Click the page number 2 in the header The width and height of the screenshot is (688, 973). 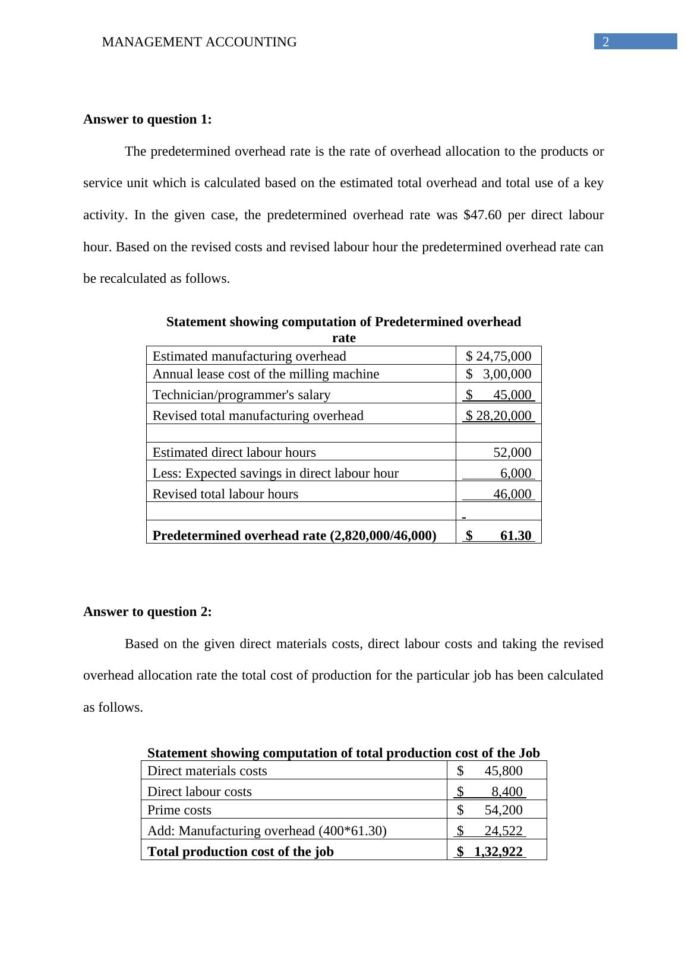pyautogui.click(x=605, y=42)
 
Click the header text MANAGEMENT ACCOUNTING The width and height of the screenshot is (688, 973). pyautogui.click(x=199, y=42)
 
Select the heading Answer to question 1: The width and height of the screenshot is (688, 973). pyautogui.click(x=147, y=119)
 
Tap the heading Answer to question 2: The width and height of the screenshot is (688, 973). pyautogui.click(x=147, y=612)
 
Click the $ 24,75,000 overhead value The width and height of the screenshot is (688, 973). pyautogui.click(x=498, y=356)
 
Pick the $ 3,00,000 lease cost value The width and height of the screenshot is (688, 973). pyautogui.click(x=498, y=374)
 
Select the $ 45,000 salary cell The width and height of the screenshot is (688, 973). pyautogui.click(x=498, y=395)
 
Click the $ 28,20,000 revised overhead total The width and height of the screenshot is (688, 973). pyautogui.click(x=498, y=416)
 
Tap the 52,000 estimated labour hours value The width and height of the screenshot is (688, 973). pyautogui.click(x=512, y=453)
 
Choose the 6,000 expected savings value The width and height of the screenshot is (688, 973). pyautogui.click(x=515, y=473)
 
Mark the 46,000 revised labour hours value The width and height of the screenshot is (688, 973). pyautogui.click(x=512, y=494)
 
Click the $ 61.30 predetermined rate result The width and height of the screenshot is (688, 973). pyautogui.click(x=498, y=536)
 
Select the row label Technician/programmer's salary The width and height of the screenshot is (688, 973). pyautogui.click(x=241, y=395)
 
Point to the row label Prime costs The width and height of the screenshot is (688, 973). pyautogui.click(x=179, y=810)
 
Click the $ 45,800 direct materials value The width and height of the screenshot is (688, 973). pyautogui.click(x=490, y=771)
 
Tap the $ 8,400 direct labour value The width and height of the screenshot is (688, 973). pyautogui.click(x=490, y=792)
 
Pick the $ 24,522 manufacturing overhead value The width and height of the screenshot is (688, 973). pyautogui.click(x=490, y=831)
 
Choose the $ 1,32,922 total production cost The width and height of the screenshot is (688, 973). pyautogui.click(x=490, y=852)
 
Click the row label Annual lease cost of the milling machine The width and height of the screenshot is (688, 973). pyautogui.click(x=266, y=374)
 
